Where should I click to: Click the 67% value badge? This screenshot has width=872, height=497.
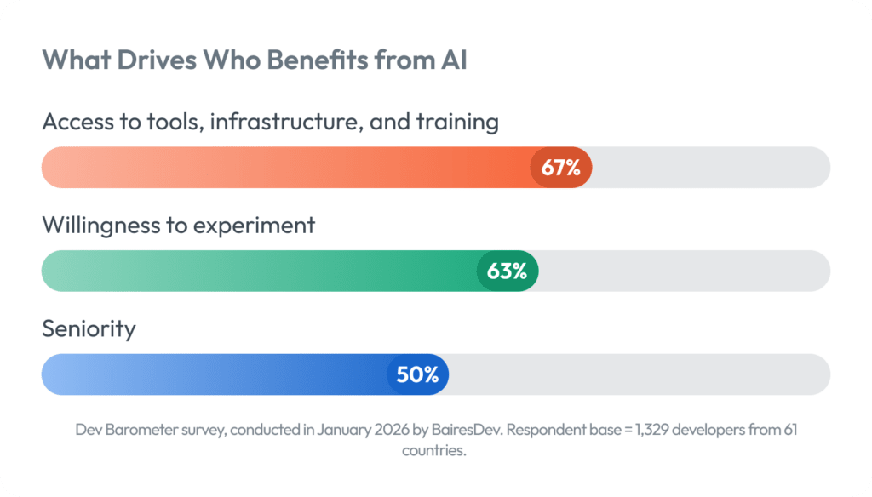[560, 168]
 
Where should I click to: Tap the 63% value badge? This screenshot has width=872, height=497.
[507, 271]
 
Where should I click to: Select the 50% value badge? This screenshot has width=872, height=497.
[417, 374]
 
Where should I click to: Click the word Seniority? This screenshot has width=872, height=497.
[89, 328]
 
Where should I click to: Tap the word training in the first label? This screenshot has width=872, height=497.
[456, 123]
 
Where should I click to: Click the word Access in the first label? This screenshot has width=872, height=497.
[77, 122]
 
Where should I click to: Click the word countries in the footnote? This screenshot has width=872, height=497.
[433, 450]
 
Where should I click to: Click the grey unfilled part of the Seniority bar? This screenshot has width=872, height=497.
[639, 374]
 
